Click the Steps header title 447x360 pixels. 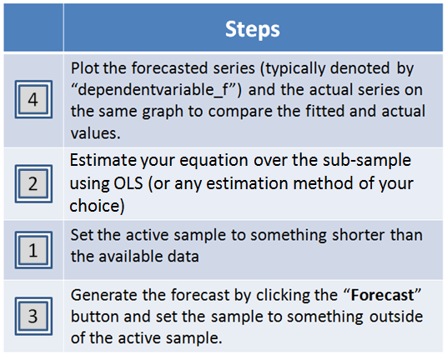pos(253,30)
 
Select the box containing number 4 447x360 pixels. pos(33,99)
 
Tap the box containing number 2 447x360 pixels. pos(33,183)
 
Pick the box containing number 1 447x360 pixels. pos(33,250)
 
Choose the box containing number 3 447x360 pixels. pos(33,316)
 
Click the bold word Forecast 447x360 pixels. pos(382,295)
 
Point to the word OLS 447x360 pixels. pos(128,183)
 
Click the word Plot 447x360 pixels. pos(84,68)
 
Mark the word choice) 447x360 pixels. pos(98,206)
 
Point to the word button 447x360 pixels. pos(95,317)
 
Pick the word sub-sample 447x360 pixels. pos(367,161)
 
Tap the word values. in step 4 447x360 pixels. pos(96,133)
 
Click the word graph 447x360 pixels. pos(163,112)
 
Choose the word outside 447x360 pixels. pos(396,317)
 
